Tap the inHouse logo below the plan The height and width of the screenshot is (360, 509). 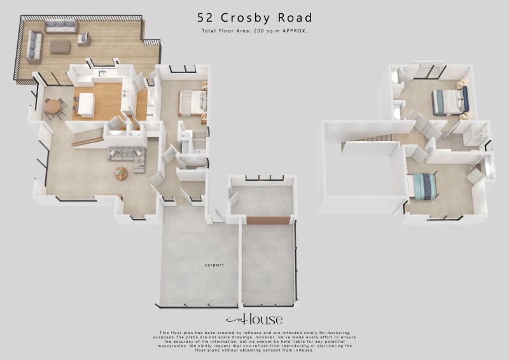[x=254, y=319]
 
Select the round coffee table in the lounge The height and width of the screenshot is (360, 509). [x=122, y=172]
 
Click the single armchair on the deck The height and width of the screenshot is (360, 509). [x=83, y=39]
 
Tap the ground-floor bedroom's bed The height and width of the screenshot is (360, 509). [x=192, y=102]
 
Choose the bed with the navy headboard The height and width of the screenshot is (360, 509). [x=450, y=101]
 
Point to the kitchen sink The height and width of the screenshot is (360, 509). [x=102, y=74]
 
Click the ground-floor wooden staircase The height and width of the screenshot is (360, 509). [x=88, y=137]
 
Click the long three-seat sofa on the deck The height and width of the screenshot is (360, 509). [x=61, y=26]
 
